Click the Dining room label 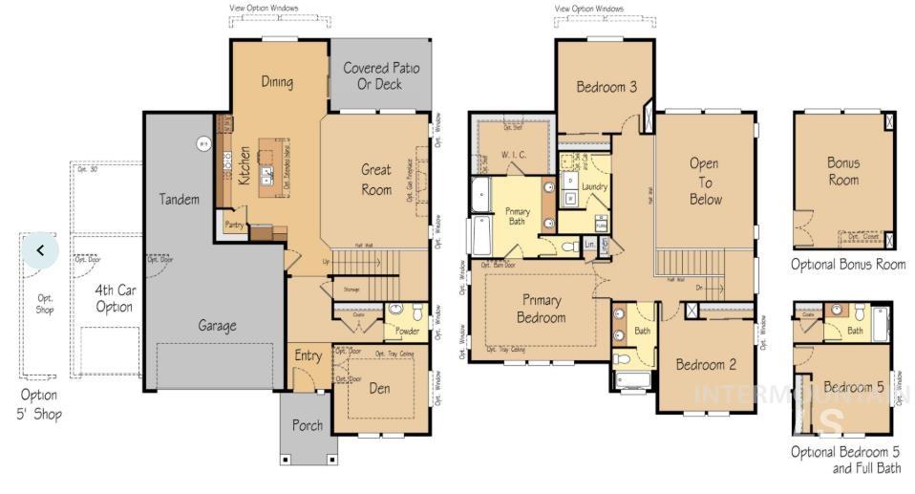[x=277, y=82]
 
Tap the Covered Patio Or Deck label [x=380, y=76]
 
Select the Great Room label [x=375, y=180]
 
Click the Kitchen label [x=245, y=164]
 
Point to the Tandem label [x=180, y=200]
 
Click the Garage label [x=217, y=326]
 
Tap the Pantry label [x=233, y=225]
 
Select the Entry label [x=308, y=356]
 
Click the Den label [x=379, y=389]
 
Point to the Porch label [x=308, y=425]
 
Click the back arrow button [x=41, y=250]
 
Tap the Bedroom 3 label [x=606, y=87]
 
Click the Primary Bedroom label [x=541, y=309]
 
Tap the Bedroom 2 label [x=706, y=364]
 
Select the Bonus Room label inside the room [x=842, y=171]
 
